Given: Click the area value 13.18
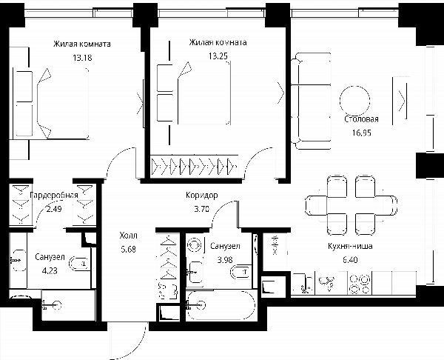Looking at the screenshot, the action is [82, 58].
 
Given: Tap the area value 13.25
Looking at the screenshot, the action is [218, 56].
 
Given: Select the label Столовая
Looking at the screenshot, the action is [362, 119].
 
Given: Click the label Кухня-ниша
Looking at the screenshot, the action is [350, 246].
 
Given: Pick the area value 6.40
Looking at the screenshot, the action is [350, 260].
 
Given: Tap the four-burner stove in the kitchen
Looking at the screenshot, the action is [360, 284].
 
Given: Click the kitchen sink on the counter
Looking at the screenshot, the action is [326, 283].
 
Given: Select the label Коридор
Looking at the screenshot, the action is [202, 195].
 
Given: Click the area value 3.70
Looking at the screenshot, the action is [202, 209].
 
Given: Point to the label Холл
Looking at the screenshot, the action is [129, 236].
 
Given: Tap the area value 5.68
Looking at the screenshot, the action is [129, 249].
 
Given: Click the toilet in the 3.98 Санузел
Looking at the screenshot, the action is [240, 272].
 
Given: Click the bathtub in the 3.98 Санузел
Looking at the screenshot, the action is [221, 305].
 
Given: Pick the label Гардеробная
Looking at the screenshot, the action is [54, 196].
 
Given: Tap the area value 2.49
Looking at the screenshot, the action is [54, 209].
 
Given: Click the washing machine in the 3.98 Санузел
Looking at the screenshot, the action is [195, 244].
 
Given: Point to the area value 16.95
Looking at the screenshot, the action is [362, 133].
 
